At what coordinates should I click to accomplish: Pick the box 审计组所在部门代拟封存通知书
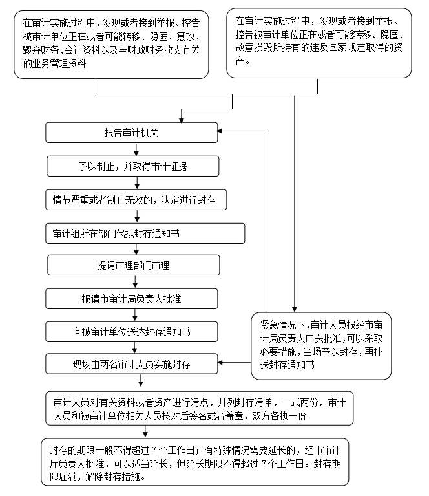pyautogui.click(x=145, y=233)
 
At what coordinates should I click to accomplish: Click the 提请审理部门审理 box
pyautogui.click(x=133, y=266)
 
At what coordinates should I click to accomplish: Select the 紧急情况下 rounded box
pyautogui.click(x=321, y=345)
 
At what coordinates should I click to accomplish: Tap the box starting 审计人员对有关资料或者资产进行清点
pyautogui.click(x=198, y=409)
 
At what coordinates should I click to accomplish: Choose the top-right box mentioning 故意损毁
pyautogui.click(x=319, y=43)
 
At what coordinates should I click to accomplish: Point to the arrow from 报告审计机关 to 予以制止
pyautogui.click(x=136, y=149)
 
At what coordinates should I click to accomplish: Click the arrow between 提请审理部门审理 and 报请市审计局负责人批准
pyautogui.click(x=136, y=283)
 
